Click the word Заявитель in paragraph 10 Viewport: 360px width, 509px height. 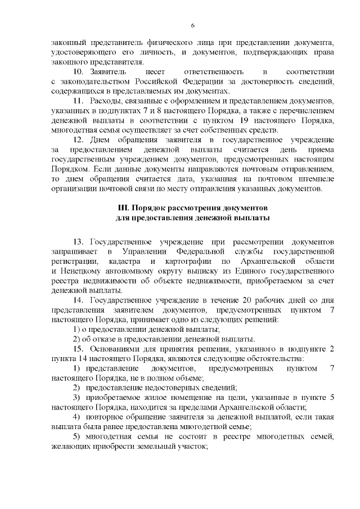point(110,73)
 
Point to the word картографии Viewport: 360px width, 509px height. point(188,262)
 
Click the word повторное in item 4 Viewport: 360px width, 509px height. point(105,416)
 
